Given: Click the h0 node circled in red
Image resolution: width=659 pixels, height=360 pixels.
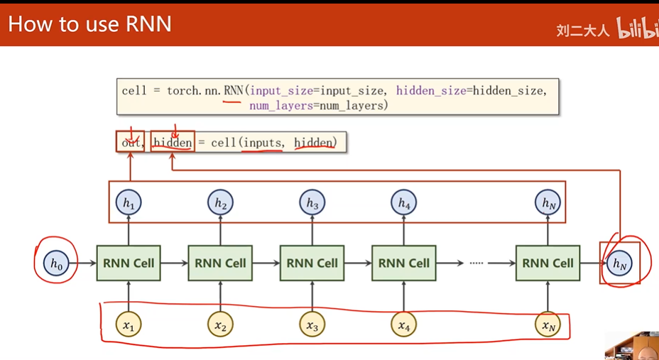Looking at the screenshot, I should (56, 263).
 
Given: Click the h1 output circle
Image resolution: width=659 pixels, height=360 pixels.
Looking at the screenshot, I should (129, 203).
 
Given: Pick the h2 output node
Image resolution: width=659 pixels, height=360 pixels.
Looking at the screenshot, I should (220, 203).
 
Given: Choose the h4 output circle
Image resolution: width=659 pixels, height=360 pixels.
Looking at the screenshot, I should (403, 203).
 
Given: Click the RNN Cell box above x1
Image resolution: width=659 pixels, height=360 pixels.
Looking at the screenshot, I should (129, 263).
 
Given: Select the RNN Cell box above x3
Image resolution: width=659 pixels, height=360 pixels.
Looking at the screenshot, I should (312, 263).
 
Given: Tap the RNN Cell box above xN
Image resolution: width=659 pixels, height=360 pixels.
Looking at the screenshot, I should (548, 263).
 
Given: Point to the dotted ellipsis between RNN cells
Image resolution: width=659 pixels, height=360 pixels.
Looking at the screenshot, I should (476, 263).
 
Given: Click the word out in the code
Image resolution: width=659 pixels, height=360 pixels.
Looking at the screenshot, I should (129, 143).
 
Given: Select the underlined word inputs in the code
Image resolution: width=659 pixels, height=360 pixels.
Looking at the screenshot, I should (262, 143).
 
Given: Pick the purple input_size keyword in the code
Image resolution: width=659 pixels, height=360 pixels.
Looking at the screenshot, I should (281, 90).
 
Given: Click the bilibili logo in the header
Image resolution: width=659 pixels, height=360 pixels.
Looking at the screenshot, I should (637, 29).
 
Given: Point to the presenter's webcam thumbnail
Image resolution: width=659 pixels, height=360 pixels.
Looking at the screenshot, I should (632, 345).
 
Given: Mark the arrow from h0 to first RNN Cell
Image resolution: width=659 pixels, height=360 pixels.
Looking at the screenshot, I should (85, 263).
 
